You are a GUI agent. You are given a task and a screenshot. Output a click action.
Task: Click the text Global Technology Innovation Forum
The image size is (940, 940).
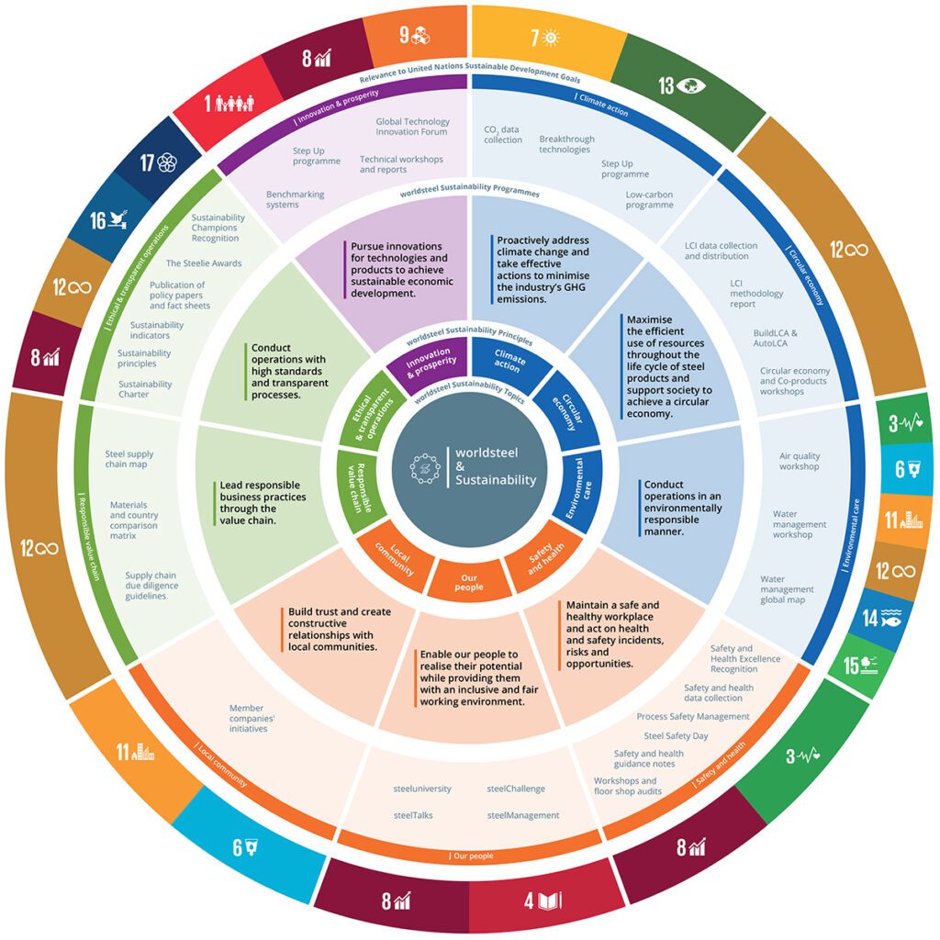(x=412, y=128)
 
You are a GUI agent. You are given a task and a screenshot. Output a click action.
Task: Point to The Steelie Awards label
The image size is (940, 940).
(x=204, y=263)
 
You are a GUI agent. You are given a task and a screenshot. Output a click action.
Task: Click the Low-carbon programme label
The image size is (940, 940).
(x=649, y=199)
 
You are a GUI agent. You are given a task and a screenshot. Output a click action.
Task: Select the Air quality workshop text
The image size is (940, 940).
(x=800, y=461)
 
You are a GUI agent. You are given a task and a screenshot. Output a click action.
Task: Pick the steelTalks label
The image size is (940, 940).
(x=413, y=814)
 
